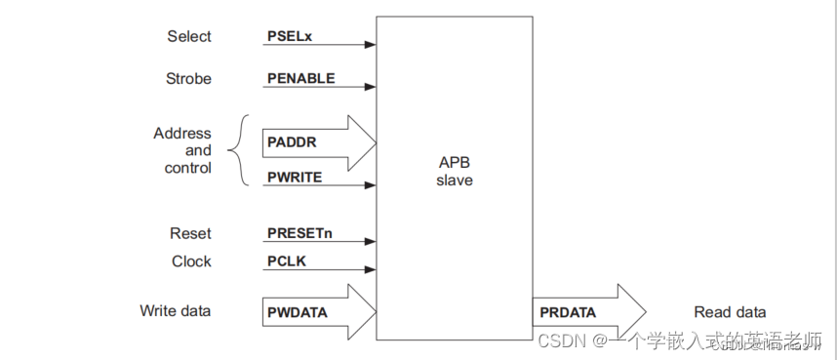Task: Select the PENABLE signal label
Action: coord(300,77)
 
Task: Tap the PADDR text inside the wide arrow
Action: coord(292,141)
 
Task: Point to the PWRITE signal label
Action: coord(295,178)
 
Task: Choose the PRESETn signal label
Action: coord(299,234)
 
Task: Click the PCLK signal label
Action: coord(287,261)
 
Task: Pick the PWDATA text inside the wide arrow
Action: coord(297,312)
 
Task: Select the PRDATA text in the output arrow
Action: coord(568,312)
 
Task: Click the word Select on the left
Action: coord(189,36)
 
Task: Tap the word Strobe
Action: coord(188,78)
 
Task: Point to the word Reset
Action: coord(190,234)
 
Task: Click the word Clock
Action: coord(191,261)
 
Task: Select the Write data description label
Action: coord(176,311)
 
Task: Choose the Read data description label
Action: coord(730,312)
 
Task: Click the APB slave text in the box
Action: coord(454,173)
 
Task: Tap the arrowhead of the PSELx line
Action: coord(371,44)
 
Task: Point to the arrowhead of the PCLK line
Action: coord(371,269)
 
